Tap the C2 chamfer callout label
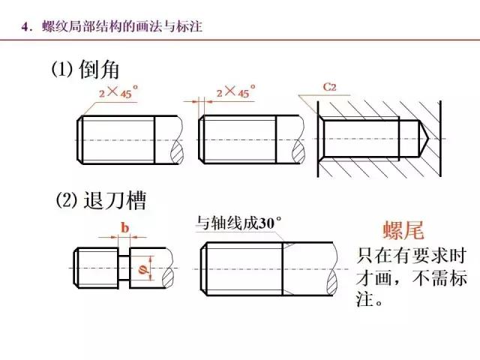[x=329, y=88]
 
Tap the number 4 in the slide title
[x=25, y=28]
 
